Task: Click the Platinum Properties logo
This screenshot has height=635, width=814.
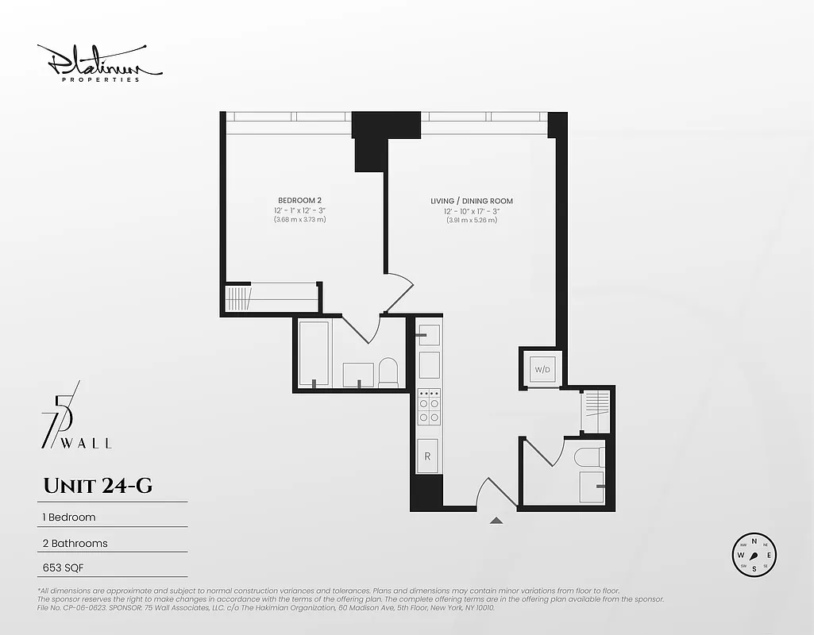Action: coord(99,63)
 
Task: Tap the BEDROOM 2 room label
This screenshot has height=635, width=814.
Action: coord(299,200)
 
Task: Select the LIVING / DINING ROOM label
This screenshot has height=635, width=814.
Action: coord(471,201)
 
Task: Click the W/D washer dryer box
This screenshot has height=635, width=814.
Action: coord(542,370)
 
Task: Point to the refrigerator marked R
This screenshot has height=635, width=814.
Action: coord(428,456)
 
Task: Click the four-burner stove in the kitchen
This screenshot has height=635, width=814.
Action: coord(429,407)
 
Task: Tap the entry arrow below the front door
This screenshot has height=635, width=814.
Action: coord(496,521)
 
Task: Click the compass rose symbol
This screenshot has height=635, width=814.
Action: coord(754,555)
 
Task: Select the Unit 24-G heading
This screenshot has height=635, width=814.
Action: coord(97,486)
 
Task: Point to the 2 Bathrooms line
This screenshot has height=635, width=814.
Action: coord(75,544)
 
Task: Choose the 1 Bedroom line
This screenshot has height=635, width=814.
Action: coord(68,518)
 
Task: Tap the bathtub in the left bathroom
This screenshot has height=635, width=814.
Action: coord(314,353)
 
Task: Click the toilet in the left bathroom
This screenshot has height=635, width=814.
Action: coord(388,373)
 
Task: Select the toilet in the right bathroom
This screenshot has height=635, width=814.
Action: coord(588,457)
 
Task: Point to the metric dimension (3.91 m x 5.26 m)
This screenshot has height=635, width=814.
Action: coord(471,220)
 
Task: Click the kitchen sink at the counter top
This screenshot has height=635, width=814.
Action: coord(429,334)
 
